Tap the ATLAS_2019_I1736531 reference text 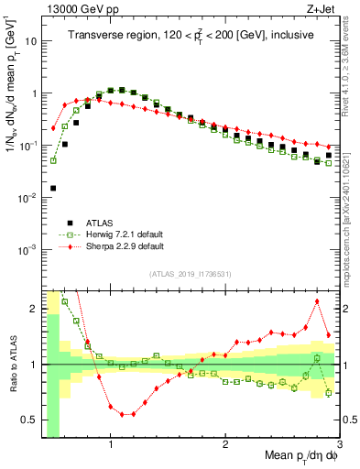coord(190,274)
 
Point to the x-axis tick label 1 coord(111,445)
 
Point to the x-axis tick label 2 coord(225,445)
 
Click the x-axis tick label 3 coord(338,445)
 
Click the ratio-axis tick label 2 coord(35,309)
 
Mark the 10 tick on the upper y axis coord(31,41)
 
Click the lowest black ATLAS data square coord(53,188)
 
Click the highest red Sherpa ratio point coord(317,301)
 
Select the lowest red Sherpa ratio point coord(122,414)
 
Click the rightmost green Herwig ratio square coord(329,393)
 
